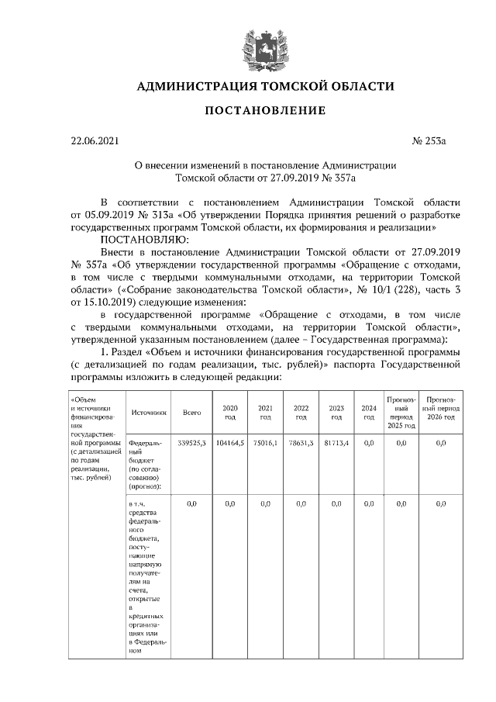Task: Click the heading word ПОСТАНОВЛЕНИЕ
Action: (x=265, y=111)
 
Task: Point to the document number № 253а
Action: (x=430, y=141)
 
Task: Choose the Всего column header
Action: (x=191, y=413)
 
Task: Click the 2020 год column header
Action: (x=229, y=413)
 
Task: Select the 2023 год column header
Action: (x=336, y=413)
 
